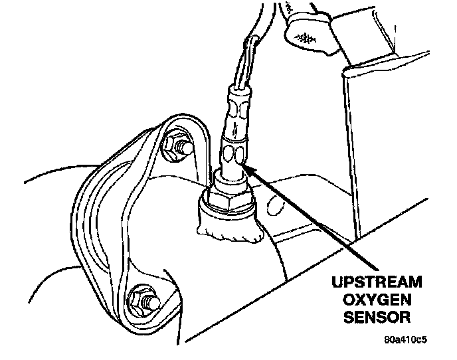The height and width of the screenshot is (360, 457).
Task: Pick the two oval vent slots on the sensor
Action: coord(234,155)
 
